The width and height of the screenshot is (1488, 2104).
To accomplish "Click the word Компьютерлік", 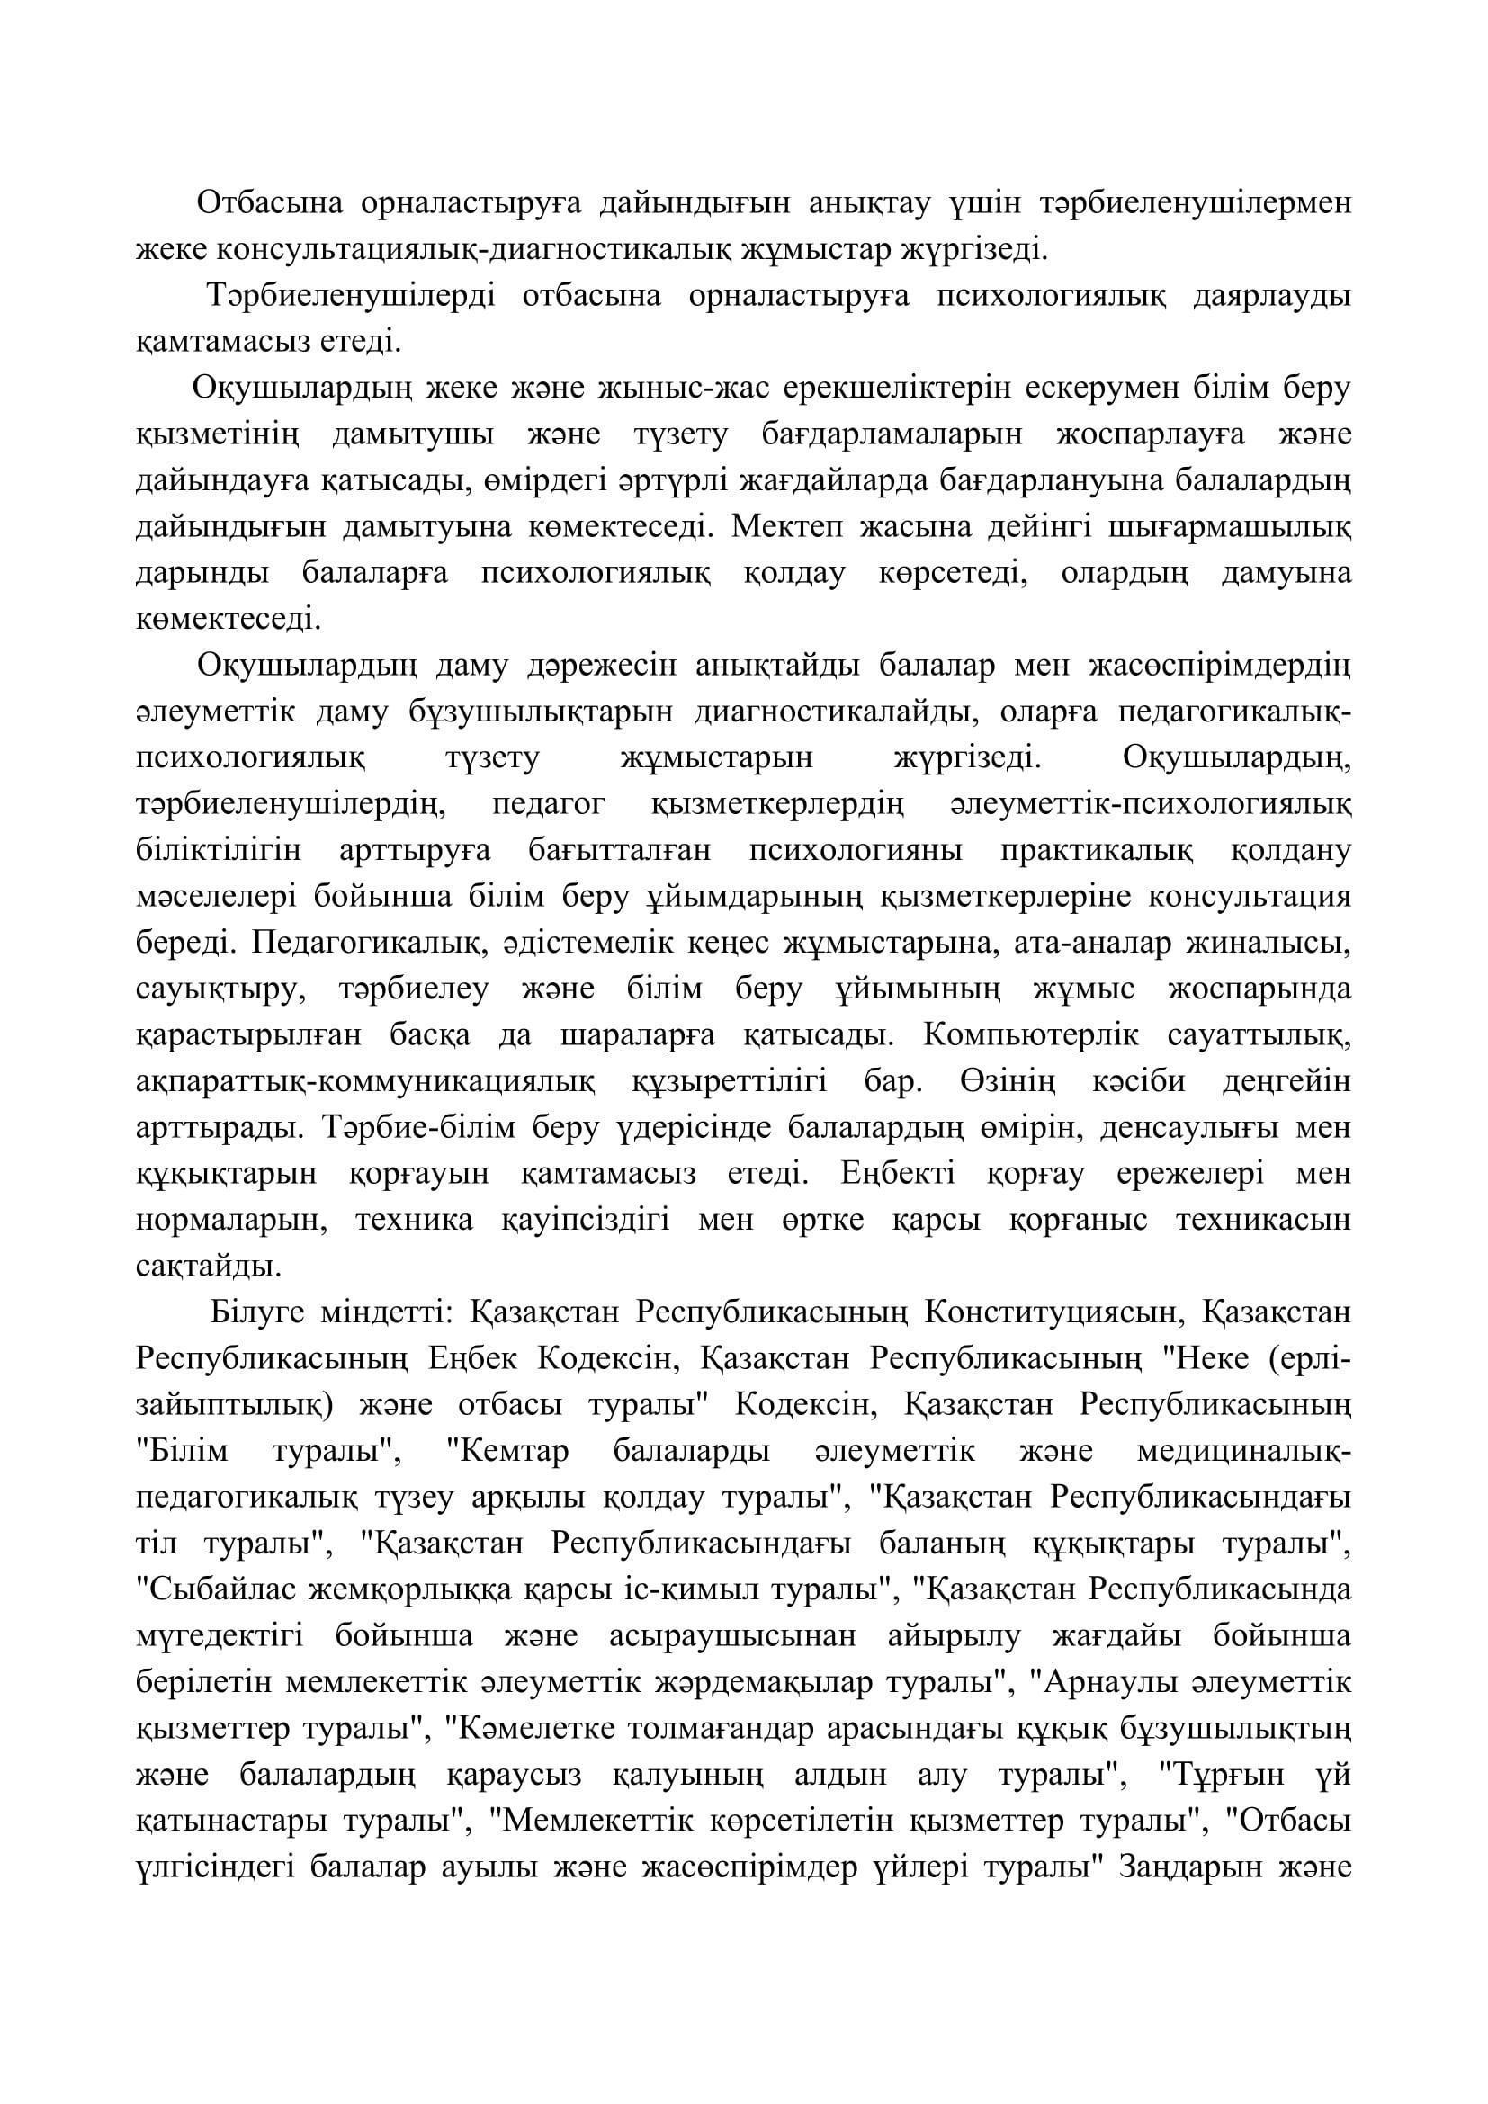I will click(1031, 1035).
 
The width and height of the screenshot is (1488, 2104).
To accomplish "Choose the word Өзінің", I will click(1008, 1082).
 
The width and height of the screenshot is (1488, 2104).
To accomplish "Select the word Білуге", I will click(255, 1313).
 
